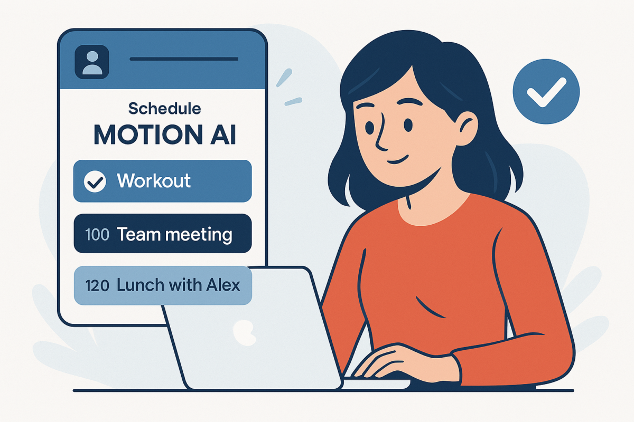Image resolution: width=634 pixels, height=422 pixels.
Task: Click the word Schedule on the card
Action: (165, 109)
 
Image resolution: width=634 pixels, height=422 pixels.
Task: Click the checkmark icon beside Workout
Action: (95, 181)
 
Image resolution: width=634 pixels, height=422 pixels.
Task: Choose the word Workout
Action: (154, 181)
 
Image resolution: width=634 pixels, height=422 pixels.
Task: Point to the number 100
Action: (97, 234)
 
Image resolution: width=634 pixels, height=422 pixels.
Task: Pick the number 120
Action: (97, 286)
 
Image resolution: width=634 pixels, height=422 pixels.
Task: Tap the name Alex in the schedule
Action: (222, 285)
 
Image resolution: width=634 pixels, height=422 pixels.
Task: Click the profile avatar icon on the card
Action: (92, 62)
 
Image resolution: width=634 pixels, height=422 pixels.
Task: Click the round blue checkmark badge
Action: (546, 91)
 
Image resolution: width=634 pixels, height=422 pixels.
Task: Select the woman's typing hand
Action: (394, 361)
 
